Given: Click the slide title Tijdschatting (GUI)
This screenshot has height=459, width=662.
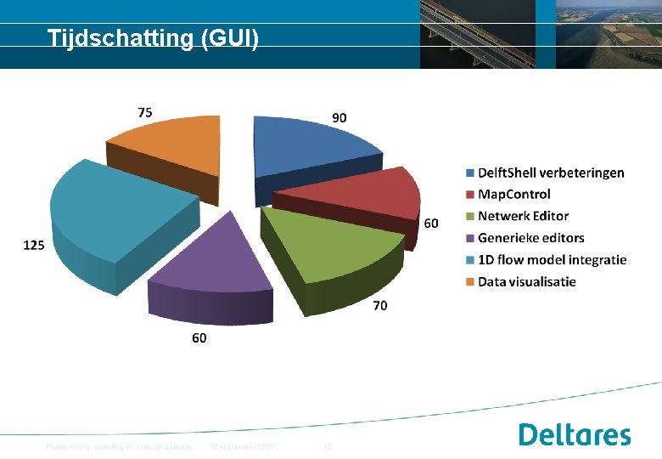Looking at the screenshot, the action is pos(153,38).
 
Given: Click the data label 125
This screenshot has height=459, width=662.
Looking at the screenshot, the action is pos(34,245).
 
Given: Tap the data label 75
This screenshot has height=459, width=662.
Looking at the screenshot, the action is pos(145,111).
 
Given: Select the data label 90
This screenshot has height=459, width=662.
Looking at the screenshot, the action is pos(339,118).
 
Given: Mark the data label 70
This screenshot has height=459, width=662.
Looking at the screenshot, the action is pos(380,305).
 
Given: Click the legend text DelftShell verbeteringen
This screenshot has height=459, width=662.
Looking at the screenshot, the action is pos(551,173).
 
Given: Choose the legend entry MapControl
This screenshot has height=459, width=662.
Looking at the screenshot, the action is pos(513,195).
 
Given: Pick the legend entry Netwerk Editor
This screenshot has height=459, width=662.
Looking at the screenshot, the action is pos(523,216).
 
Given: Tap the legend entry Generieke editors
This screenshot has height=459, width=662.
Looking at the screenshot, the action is pos(530,238).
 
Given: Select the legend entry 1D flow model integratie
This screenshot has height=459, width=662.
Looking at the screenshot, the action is pos(552,259).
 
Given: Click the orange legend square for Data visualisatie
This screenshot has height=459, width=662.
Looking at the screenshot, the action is pos(469,281).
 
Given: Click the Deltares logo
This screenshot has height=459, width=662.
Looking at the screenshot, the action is pos(575,434).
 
